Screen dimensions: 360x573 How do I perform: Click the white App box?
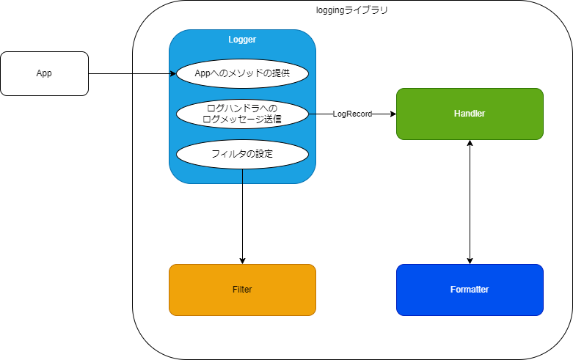click(x=44, y=73)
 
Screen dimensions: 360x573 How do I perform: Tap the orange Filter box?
click(x=242, y=290)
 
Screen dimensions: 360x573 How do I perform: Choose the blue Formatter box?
click(x=470, y=290)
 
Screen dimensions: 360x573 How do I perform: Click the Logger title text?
click(x=242, y=40)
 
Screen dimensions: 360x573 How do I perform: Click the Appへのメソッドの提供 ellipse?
click(x=242, y=73)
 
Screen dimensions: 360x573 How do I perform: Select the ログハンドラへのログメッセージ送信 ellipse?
click(x=242, y=114)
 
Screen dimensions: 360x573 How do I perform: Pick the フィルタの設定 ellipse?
click(x=242, y=154)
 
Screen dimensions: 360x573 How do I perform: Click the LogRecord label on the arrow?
click(x=352, y=114)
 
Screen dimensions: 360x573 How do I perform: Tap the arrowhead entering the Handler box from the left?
click(x=392, y=114)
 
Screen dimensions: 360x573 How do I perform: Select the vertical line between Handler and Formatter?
click(x=470, y=202)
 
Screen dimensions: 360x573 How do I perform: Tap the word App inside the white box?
click(x=44, y=73)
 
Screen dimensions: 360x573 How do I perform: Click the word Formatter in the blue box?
click(x=470, y=290)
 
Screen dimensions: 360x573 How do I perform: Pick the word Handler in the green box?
click(x=470, y=114)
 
